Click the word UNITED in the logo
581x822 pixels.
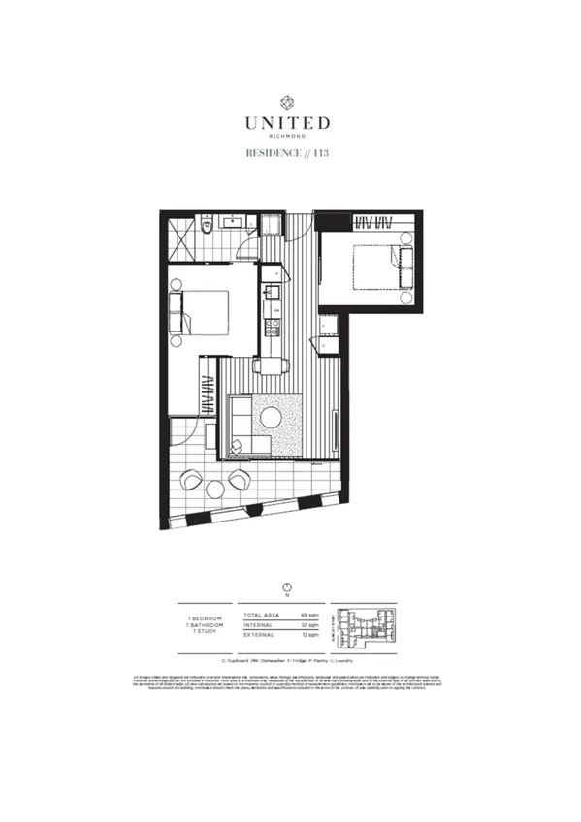[x=287, y=123]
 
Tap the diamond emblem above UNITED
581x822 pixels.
[x=287, y=101]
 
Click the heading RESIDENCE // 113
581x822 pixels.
[x=287, y=153]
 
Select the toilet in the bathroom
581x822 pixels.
[x=207, y=227]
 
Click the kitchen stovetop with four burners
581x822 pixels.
[x=274, y=326]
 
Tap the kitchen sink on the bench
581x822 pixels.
[x=274, y=291]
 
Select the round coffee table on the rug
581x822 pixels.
[x=271, y=418]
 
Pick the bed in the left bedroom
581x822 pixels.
[x=202, y=313]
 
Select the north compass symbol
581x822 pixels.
[x=287, y=587]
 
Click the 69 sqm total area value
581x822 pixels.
[x=310, y=616]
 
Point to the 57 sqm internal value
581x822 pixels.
[x=310, y=626]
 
